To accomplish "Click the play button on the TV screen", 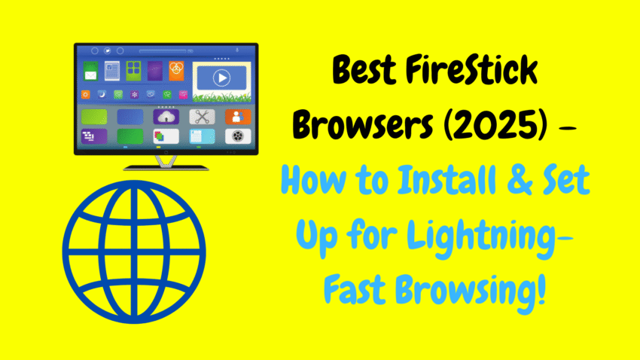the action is tap(221, 78).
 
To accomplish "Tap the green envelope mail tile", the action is tap(90, 71).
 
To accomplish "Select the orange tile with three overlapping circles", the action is tap(176, 71).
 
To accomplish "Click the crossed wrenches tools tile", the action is tap(202, 117).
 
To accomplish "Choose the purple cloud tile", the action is tap(166, 117).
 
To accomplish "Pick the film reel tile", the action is tap(238, 136).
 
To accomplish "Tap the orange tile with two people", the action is tap(238, 117).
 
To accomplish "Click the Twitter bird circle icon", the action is tap(108, 51).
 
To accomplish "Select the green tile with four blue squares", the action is tap(133, 71).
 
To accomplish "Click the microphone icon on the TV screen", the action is tap(237, 50).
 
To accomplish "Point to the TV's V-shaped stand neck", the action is tap(166, 161).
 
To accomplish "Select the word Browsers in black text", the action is tap(363, 125).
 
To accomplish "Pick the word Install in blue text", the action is tap(447, 179).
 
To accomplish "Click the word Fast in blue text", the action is tap(355, 289).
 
